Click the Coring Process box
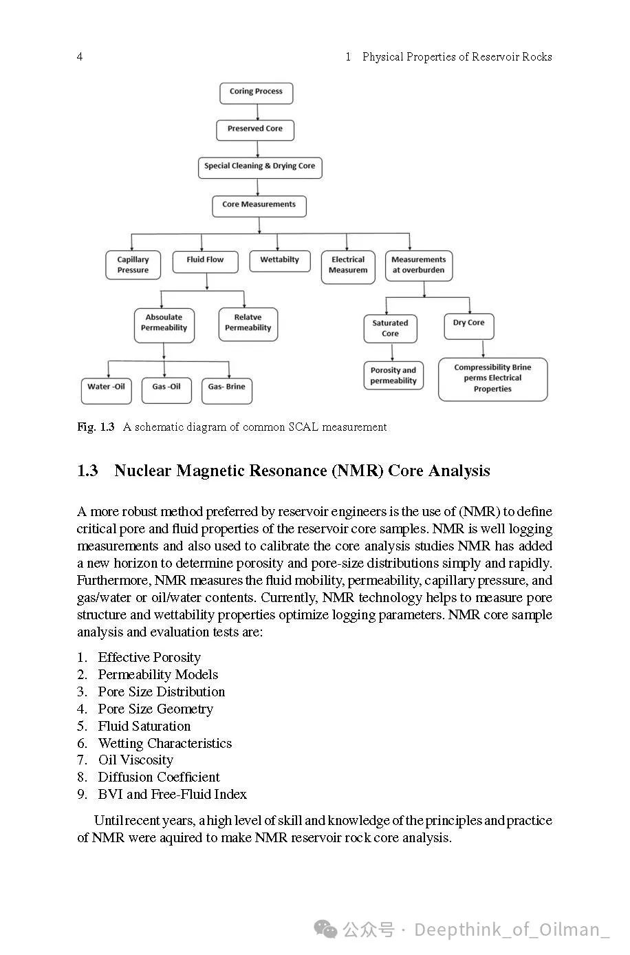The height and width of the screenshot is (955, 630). [x=256, y=92]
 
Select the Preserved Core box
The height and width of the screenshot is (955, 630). [x=255, y=129]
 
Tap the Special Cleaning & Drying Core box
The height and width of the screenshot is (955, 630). [x=260, y=167]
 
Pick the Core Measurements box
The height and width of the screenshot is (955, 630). [x=259, y=205]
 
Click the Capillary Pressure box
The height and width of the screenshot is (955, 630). [x=133, y=265]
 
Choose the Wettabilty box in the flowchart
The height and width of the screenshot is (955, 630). [x=280, y=261]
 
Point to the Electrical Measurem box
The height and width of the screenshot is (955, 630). [x=348, y=266]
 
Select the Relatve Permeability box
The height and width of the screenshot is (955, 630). [x=248, y=323]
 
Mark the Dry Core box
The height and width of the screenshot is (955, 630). [x=469, y=324]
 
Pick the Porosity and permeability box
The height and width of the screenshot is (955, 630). [x=393, y=376]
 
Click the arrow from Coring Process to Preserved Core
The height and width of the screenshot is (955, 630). [x=257, y=112]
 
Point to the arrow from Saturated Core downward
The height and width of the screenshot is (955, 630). [x=392, y=352]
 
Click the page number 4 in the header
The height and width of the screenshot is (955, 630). [x=80, y=56]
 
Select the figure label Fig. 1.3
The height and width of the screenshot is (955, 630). [x=96, y=427]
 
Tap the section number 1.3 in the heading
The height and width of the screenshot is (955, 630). [x=87, y=471]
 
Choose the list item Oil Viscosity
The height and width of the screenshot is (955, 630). [x=135, y=760]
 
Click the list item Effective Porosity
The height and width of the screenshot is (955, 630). [x=149, y=658]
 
